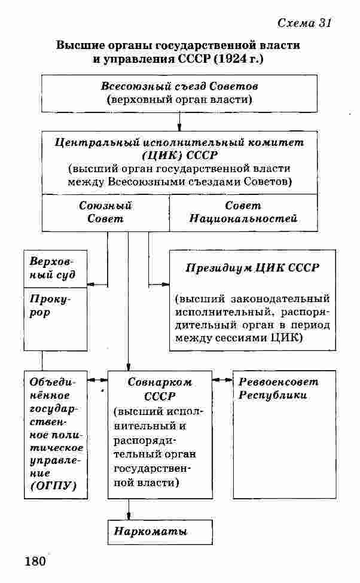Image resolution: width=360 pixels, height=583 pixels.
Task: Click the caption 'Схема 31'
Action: coord(304,23)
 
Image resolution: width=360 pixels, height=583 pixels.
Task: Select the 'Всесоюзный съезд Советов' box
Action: coord(179,93)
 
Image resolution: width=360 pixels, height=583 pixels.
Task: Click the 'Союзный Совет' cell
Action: coord(105,212)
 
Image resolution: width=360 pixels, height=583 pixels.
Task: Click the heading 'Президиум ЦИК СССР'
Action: coord(252,268)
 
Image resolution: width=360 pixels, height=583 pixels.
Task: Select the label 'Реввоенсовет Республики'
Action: coord(278,389)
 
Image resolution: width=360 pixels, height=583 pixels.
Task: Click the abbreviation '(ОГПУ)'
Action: coord(53,486)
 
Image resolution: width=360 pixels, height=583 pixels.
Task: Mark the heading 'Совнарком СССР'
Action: coord(159,389)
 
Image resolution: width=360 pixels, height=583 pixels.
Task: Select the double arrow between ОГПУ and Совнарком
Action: coord(97,380)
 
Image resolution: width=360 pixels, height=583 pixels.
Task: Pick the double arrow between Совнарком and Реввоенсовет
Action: coord(222,380)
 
